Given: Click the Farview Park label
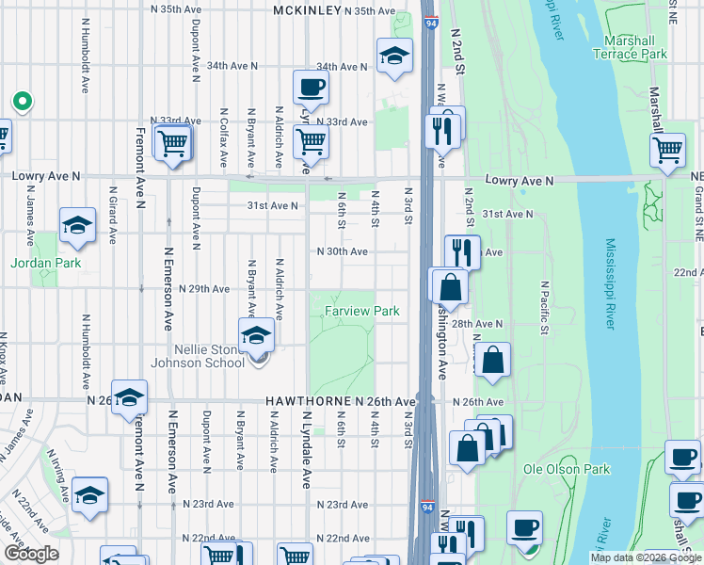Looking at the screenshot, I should pyautogui.click(x=362, y=311).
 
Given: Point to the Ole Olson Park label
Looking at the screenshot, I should pyautogui.click(x=567, y=469).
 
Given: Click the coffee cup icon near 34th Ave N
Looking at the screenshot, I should pyautogui.click(x=311, y=89).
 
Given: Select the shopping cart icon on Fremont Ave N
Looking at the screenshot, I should pyautogui.click(x=173, y=144).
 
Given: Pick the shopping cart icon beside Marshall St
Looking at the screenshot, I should pyautogui.click(x=667, y=149).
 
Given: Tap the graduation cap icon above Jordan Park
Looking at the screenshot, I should pyautogui.click(x=77, y=226).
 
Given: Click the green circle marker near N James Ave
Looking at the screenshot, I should pyautogui.click(x=20, y=101).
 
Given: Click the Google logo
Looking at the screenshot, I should pyautogui.click(x=32, y=554).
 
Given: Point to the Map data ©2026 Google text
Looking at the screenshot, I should pyautogui.click(x=645, y=557).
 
